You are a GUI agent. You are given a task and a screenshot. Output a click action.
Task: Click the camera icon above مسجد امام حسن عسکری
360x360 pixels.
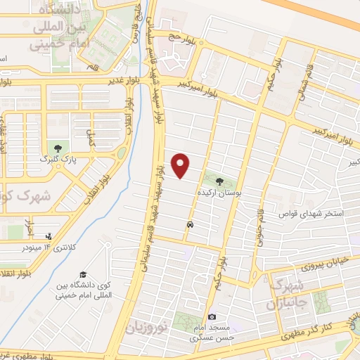[x=212, y=317]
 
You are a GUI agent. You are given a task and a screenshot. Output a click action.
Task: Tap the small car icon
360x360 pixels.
[x=190, y=224]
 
